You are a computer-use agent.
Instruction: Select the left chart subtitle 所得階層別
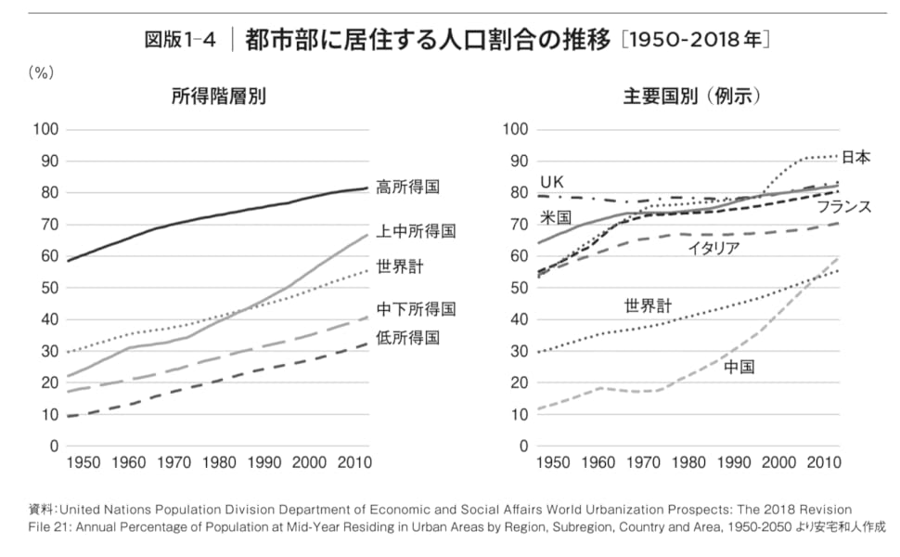tap(219, 96)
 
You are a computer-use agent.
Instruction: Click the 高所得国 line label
tap(407, 188)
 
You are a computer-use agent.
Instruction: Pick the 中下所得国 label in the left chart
tap(415, 308)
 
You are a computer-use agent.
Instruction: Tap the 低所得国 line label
tap(407, 337)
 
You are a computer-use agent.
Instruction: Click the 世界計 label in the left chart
tap(400, 267)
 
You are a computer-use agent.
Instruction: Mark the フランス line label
tap(843, 207)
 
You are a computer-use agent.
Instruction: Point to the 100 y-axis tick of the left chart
tap(45, 129)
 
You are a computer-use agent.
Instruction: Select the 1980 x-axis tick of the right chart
tap(688, 462)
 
